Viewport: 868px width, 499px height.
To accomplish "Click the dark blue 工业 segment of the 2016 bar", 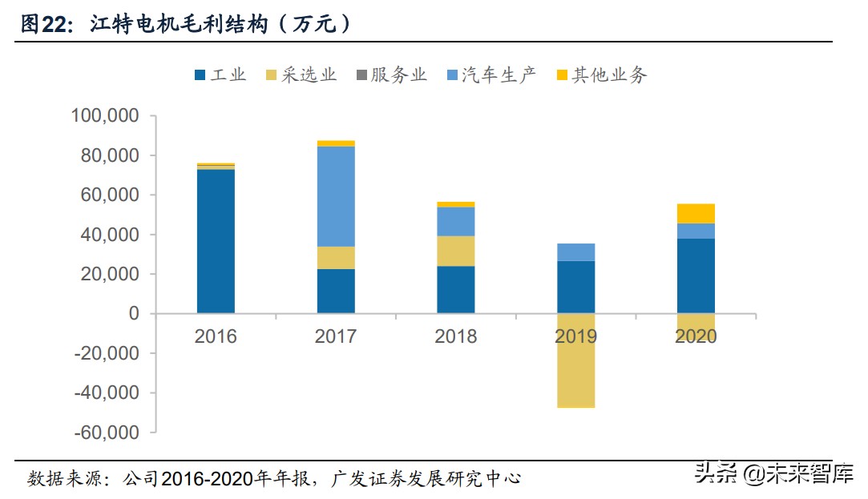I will (216, 240).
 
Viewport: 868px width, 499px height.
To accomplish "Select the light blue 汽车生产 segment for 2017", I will (336, 196).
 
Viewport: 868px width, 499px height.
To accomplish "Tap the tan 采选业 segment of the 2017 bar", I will (336, 257).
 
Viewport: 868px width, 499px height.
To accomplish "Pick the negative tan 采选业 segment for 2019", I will (575, 360).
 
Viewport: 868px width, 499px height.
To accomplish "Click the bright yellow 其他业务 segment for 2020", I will (696, 213).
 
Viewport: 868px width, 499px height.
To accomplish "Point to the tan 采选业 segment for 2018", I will (455, 251).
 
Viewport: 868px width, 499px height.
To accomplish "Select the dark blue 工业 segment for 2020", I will (696, 276).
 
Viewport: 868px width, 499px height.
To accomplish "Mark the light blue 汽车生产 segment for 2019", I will (575, 252).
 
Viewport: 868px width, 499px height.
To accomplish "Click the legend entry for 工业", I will (220, 75).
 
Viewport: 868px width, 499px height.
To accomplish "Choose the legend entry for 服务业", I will (390, 75).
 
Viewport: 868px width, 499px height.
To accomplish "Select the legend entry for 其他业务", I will (600, 75).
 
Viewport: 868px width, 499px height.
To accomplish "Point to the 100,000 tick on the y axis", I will (105, 116).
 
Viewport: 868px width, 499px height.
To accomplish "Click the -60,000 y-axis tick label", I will (107, 433).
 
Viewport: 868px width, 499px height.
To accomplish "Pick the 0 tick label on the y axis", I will (134, 314).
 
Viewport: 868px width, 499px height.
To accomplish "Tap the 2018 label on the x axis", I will (455, 336).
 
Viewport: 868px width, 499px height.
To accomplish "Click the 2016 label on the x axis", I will (216, 336).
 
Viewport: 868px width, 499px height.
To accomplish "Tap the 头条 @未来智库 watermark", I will (773, 473).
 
